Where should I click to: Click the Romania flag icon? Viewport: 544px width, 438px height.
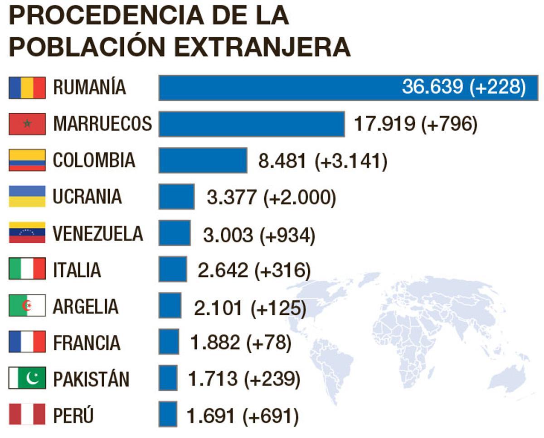click(27, 87)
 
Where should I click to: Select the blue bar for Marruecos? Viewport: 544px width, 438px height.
click(252, 124)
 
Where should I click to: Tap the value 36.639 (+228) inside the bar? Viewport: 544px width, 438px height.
click(463, 87)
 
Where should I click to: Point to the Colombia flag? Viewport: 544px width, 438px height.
click(27, 160)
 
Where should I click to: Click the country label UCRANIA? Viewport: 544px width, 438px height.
click(87, 197)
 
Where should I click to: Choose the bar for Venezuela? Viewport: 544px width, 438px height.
click(175, 233)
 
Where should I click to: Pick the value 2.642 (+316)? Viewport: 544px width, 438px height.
click(254, 270)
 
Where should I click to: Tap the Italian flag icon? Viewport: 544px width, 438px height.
click(27, 269)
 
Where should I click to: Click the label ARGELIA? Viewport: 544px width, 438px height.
click(86, 306)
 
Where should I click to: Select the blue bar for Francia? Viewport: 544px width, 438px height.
click(169, 342)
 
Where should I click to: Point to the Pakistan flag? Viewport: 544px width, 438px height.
click(27, 378)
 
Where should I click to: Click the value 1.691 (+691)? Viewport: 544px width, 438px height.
click(243, 416)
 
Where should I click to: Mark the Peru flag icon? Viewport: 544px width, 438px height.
click(27, 414)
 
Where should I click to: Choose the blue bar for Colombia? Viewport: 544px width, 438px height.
click(203, 160)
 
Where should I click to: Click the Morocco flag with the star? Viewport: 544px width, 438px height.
click(27, 124)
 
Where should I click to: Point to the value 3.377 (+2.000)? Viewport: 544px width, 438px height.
click(271, 198)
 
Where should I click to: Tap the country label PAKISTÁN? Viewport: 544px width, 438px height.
click(91, 379)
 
